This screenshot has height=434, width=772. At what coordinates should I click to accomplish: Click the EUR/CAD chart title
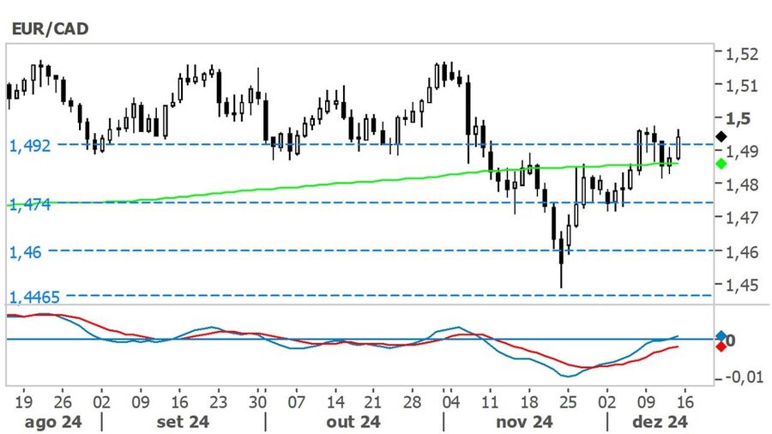click(x=49, y=28)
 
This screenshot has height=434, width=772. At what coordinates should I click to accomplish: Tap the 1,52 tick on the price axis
click(x=741, y=53)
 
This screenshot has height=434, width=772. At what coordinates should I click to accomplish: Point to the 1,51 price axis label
click(x=741, y=85)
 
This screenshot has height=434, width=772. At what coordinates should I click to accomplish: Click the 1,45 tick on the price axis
click(x=741, y=284)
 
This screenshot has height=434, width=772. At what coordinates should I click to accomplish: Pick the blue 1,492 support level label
click(x=30, y=145)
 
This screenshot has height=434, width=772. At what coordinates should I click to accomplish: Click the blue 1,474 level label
click(x=30, y=204)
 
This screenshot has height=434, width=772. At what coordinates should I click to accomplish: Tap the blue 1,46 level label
click(x=26, y=252)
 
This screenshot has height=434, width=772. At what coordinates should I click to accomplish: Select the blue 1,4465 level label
click(x=35, y=297)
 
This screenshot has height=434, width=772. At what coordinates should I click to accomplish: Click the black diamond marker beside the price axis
click(x=721, y=136)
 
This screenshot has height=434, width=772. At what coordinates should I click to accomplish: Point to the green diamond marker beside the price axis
click(x=721, y=163)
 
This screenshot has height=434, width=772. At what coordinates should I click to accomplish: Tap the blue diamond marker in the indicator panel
click(x=721, y=336)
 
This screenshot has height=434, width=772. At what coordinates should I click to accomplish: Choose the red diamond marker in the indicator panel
click(x=721, y=347)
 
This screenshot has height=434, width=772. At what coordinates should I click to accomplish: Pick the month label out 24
click(x=353, y=422)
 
